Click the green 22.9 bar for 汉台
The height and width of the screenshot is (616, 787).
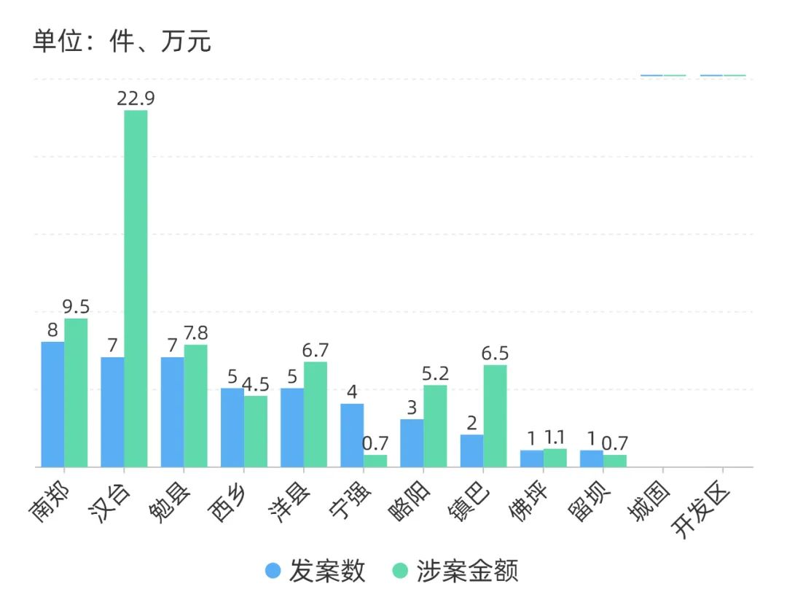136,288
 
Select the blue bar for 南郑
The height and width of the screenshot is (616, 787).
52,404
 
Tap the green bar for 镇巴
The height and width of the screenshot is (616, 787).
495,416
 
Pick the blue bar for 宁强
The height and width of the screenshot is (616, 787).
352,435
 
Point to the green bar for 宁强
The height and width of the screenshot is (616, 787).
375,461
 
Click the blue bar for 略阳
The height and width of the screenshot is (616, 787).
412,442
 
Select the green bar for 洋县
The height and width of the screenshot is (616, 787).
316,414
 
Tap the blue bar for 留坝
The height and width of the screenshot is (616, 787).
591,459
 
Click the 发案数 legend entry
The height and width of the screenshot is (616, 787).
316,571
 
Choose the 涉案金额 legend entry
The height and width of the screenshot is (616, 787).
455,571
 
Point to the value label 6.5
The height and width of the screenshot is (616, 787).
495,354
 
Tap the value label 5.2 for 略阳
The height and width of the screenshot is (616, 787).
435,374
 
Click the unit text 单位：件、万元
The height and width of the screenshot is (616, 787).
122,41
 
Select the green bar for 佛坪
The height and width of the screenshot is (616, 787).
555,458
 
